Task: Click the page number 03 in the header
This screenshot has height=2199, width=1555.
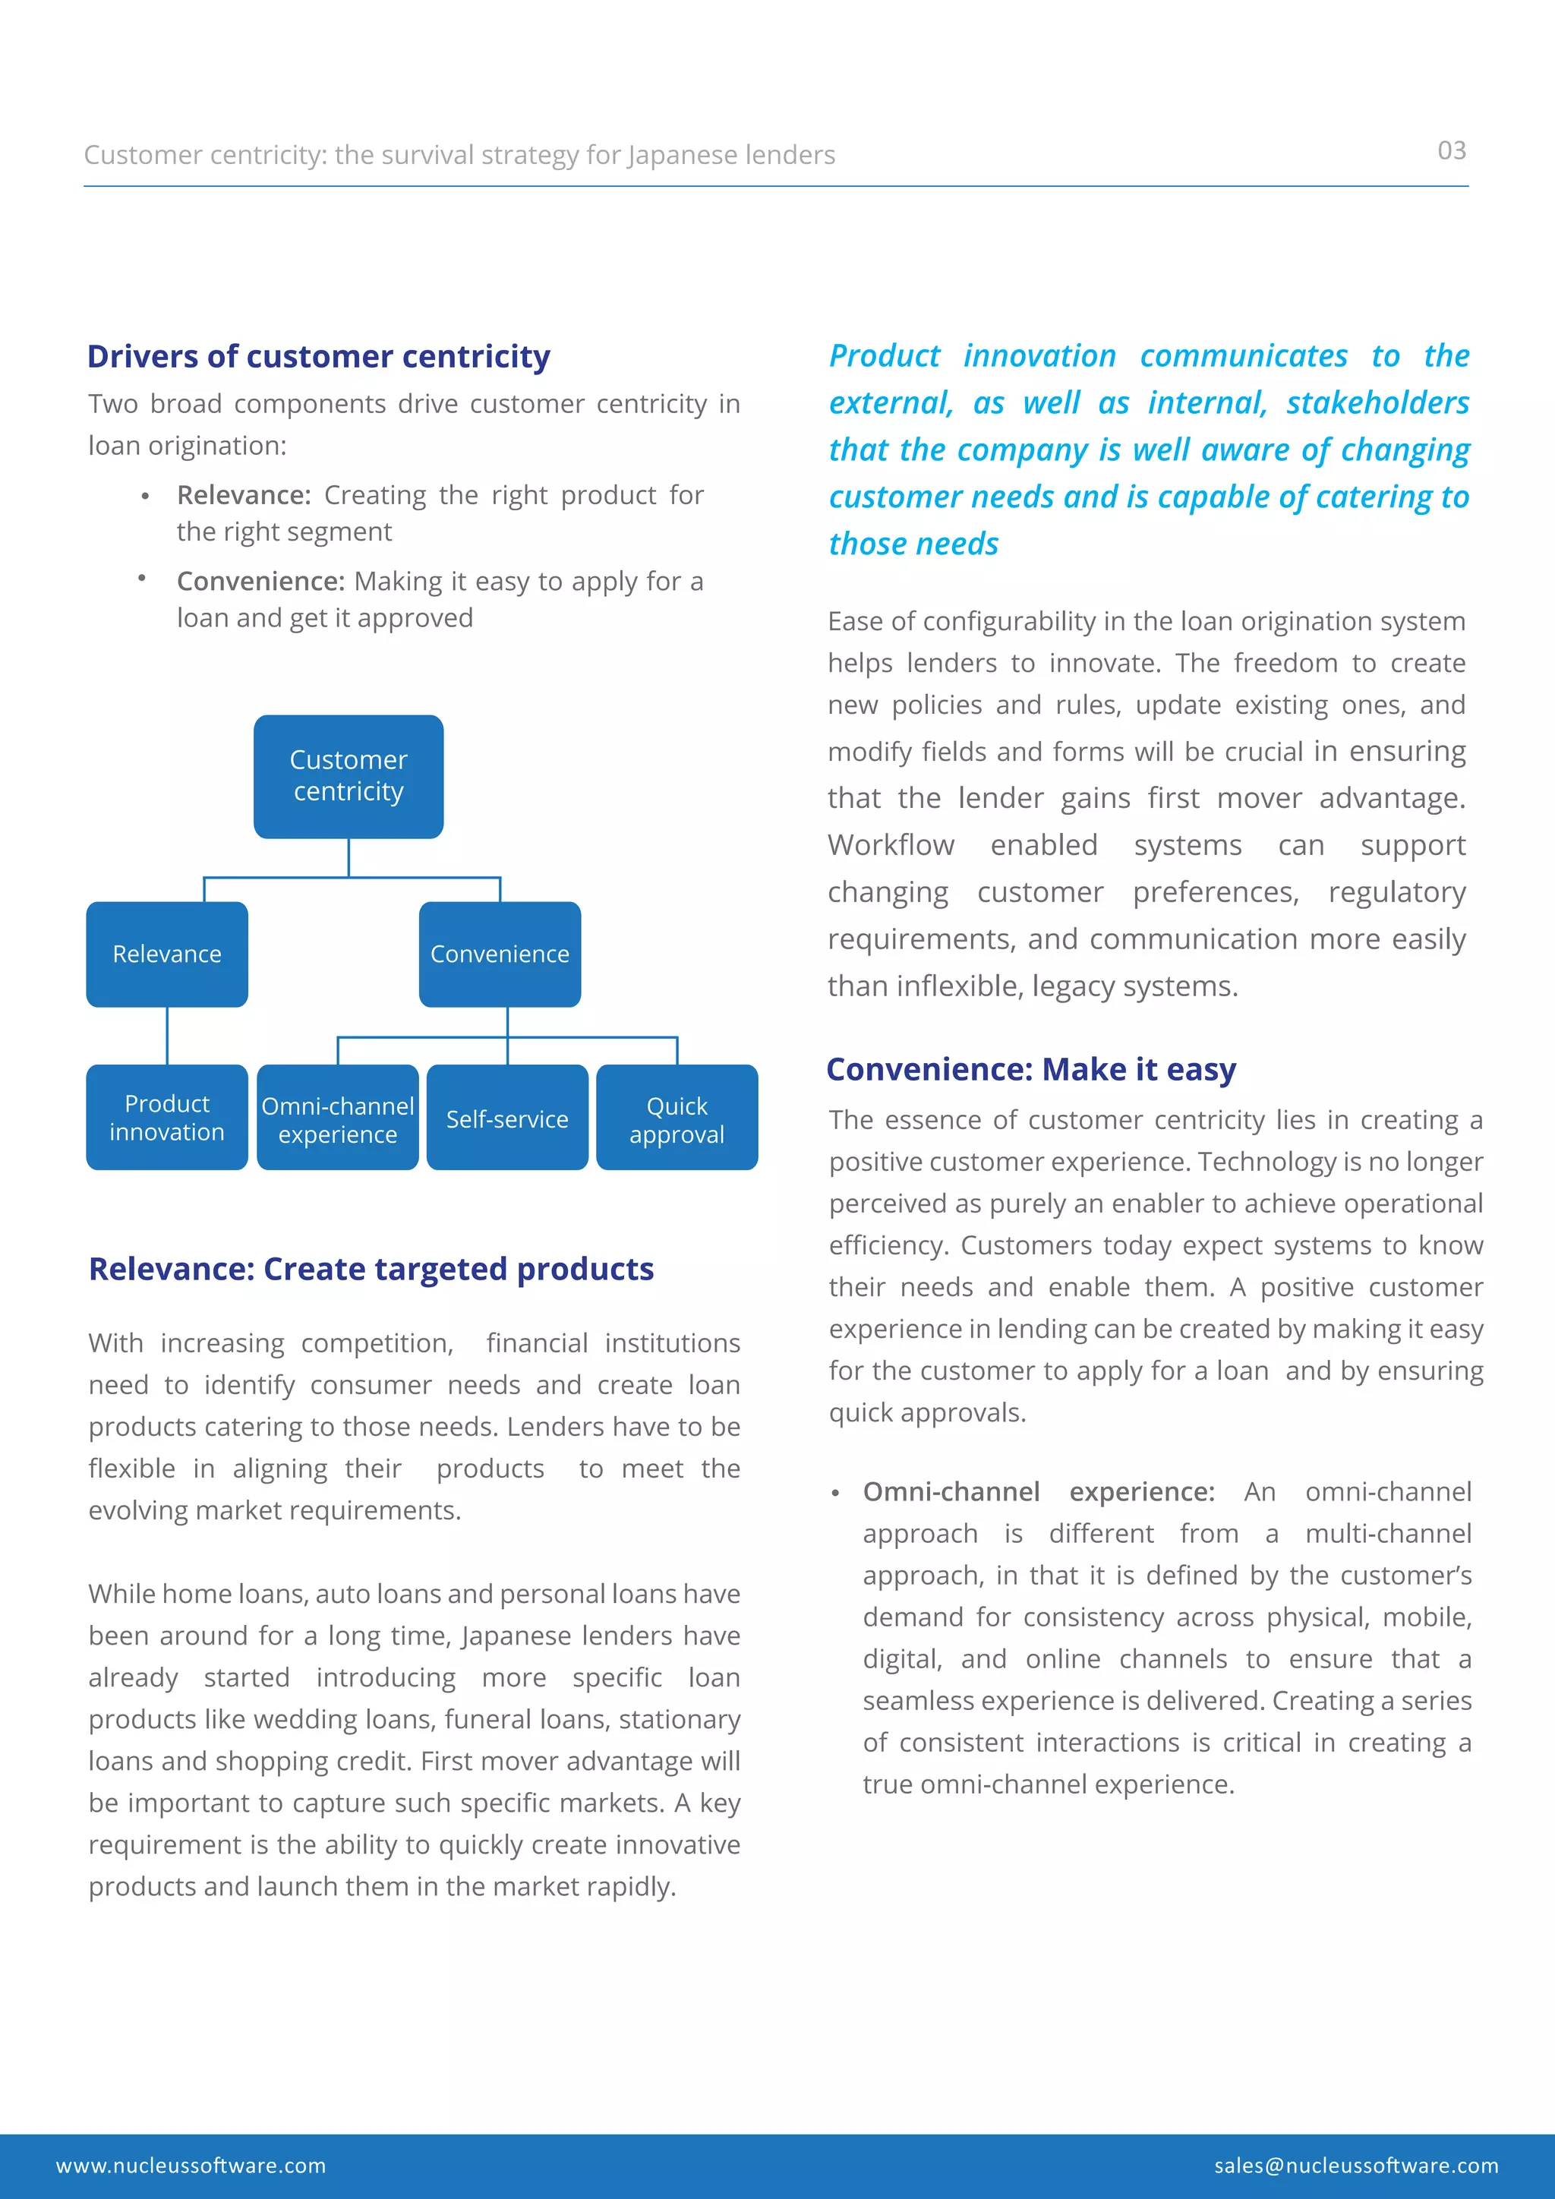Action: tap(1451, 150)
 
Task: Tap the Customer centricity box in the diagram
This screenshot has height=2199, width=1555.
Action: tap(349, 776)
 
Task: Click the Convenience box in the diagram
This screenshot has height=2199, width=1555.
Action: tap(499, 954)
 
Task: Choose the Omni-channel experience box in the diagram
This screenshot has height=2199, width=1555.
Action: tap(337, 1118)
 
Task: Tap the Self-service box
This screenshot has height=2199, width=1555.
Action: tap(506, 1118)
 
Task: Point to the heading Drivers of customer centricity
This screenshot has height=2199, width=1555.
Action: tap(318, 356)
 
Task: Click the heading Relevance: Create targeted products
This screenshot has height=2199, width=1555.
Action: tap(371, 1269)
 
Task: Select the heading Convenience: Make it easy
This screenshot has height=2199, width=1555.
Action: tap(1030, 1069)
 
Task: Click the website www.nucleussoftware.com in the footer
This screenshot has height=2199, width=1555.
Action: tap(191, 2166)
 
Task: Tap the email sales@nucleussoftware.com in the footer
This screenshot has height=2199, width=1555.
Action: tap(1356, 2166)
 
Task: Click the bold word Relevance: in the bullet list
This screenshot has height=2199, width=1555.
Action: tap(243, 495)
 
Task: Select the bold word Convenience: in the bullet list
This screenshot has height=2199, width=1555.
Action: tap(260, 582)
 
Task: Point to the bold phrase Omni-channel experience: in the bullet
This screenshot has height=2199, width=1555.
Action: tap(1038, 1491)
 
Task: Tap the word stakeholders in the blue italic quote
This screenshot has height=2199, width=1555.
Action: tap(1377, 403)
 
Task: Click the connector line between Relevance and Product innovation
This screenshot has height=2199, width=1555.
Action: tap(168, 1035)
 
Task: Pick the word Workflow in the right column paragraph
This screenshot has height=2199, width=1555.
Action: tap(891, 844)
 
